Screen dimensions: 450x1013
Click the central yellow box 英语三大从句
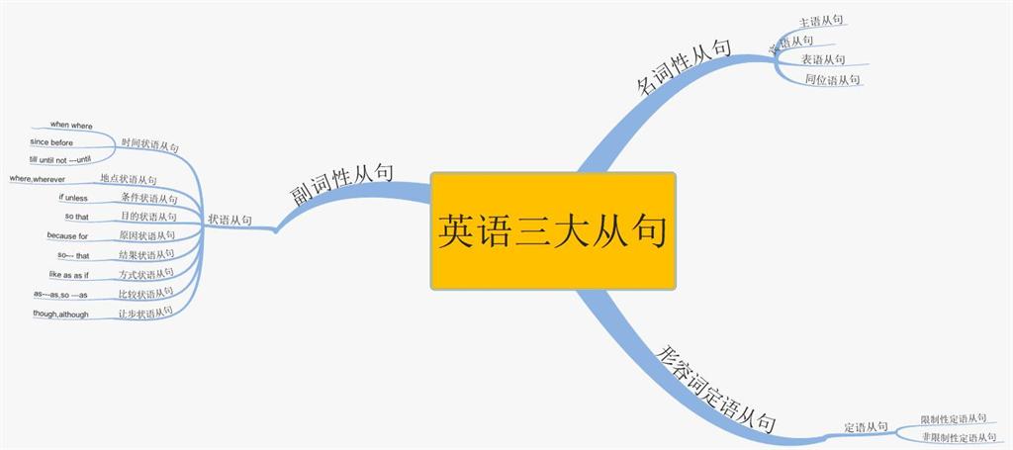point(553,230)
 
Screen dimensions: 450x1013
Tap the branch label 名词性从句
point(683,67)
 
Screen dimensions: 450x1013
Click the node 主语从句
point(822,20)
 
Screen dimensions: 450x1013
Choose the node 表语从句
point(823,59)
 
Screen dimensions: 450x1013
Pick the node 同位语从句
point(832,79)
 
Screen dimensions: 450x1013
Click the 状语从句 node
point(230,220)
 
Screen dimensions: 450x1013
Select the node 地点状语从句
point(129,179)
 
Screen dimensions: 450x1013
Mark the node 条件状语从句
point(149,199)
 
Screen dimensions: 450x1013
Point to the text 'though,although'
point(61,315)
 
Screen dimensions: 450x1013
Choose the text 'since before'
point(51,142)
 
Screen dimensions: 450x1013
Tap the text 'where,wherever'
point(38,179)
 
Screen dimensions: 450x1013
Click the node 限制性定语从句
point(954,419)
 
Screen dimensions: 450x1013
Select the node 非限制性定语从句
point(958,437)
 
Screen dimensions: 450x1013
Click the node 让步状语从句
point(145,313)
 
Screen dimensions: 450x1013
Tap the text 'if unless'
point(73,198)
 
